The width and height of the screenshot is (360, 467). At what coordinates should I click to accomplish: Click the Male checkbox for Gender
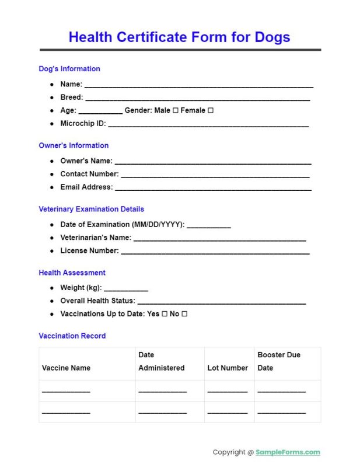pos(175,110)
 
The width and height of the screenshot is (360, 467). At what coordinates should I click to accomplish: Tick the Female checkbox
pos(211,110)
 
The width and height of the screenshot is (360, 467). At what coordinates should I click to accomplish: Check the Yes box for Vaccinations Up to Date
pos(165,314)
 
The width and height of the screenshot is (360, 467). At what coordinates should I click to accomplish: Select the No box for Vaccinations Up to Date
pos(184,314)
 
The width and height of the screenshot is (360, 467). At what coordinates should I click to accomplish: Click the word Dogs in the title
pos(272,37)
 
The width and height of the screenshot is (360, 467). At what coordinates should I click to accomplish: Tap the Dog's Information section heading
pos(69,69)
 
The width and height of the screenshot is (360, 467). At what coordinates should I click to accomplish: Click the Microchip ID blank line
pos(208,125)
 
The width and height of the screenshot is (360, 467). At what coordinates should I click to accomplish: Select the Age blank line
pos(100,112)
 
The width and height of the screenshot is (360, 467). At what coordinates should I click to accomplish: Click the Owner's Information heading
pos(74,145)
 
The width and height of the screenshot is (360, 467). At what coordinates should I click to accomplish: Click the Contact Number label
pos(89,174)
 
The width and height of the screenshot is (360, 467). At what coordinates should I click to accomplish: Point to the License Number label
pos(89,251)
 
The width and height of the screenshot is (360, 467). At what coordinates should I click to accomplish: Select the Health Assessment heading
pos(72,273)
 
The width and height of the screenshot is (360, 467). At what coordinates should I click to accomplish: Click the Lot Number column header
pos(228,368)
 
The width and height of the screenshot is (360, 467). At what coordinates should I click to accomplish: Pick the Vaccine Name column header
pos(66,368)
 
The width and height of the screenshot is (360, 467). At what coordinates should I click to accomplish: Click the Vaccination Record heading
pos(72,336)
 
